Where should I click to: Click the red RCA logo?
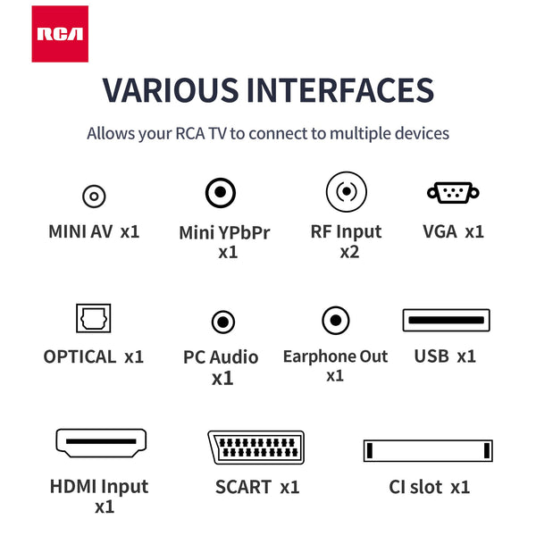(60, 34)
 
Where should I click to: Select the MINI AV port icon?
(94, 195)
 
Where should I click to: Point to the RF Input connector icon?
(346, 191)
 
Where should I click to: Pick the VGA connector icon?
(453, 191)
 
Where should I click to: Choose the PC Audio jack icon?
(222, 322)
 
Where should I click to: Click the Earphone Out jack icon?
(335, 320)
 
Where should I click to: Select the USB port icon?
(446, 321)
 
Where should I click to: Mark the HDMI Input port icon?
(101, 442)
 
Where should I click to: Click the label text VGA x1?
(453, 231)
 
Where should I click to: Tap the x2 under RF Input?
(348, 252)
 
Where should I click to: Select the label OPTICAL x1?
(94, 356)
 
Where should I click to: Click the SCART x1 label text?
(256, 487)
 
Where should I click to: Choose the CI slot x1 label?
(429, 487)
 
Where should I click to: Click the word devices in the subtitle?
(421, 134)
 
